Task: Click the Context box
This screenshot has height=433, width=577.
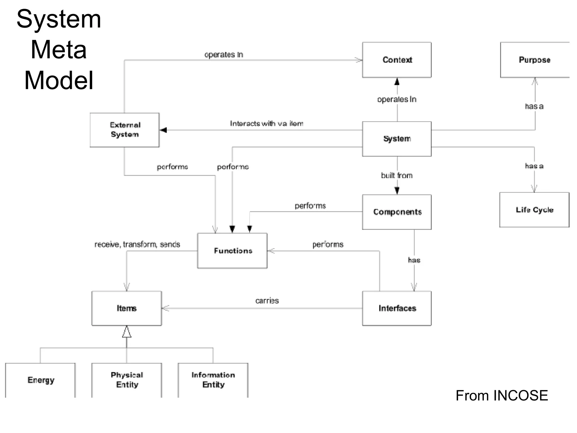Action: (x=397, y=60)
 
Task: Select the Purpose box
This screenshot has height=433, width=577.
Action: (x=534, y=60)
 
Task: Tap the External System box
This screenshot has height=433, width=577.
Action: (x=125, y=130)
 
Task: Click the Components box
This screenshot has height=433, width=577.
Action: (x=397, y=212)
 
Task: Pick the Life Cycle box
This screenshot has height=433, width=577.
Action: (x=534, y=210)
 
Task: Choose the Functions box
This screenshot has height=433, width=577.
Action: (x=232, y=251)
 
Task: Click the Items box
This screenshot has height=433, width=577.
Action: (x=127, y=308)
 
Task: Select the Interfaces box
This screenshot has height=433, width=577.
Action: (x=397, y=308)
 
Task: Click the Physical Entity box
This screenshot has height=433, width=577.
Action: (x=127, y=380)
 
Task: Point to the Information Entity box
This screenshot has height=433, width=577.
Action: (x=213, y=380)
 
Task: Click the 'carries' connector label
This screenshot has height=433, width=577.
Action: (x=267, y=301)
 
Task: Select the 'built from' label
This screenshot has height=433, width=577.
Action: (x=397, y=176)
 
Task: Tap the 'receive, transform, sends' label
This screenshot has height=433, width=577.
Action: (x=137, y=244)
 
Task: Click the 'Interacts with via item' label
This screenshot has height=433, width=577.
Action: (x=267, y=123)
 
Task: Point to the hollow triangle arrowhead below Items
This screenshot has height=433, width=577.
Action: (x=127, y=332)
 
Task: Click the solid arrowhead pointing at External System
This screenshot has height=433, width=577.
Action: (x=163, y=130)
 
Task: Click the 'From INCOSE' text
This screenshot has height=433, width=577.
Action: (x=501, y=396)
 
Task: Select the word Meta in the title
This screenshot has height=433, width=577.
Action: (x=59, y=50)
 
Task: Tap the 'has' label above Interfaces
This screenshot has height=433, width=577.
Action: (x=414, y=260)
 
